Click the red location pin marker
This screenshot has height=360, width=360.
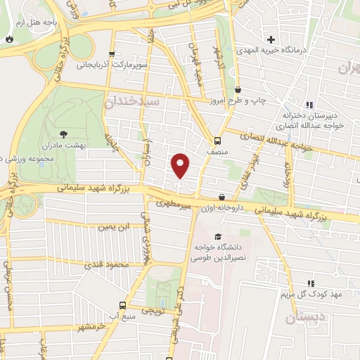click(181, 165)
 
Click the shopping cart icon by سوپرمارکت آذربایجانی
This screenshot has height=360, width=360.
click(111, 53)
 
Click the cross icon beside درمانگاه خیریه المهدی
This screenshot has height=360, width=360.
click(270, 38)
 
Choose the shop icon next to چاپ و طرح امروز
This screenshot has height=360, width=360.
click(238, 90)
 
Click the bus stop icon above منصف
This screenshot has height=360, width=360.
click(217, 139)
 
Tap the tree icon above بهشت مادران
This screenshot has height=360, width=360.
click(64, 132)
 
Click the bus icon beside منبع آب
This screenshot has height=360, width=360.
click(123, 305)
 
